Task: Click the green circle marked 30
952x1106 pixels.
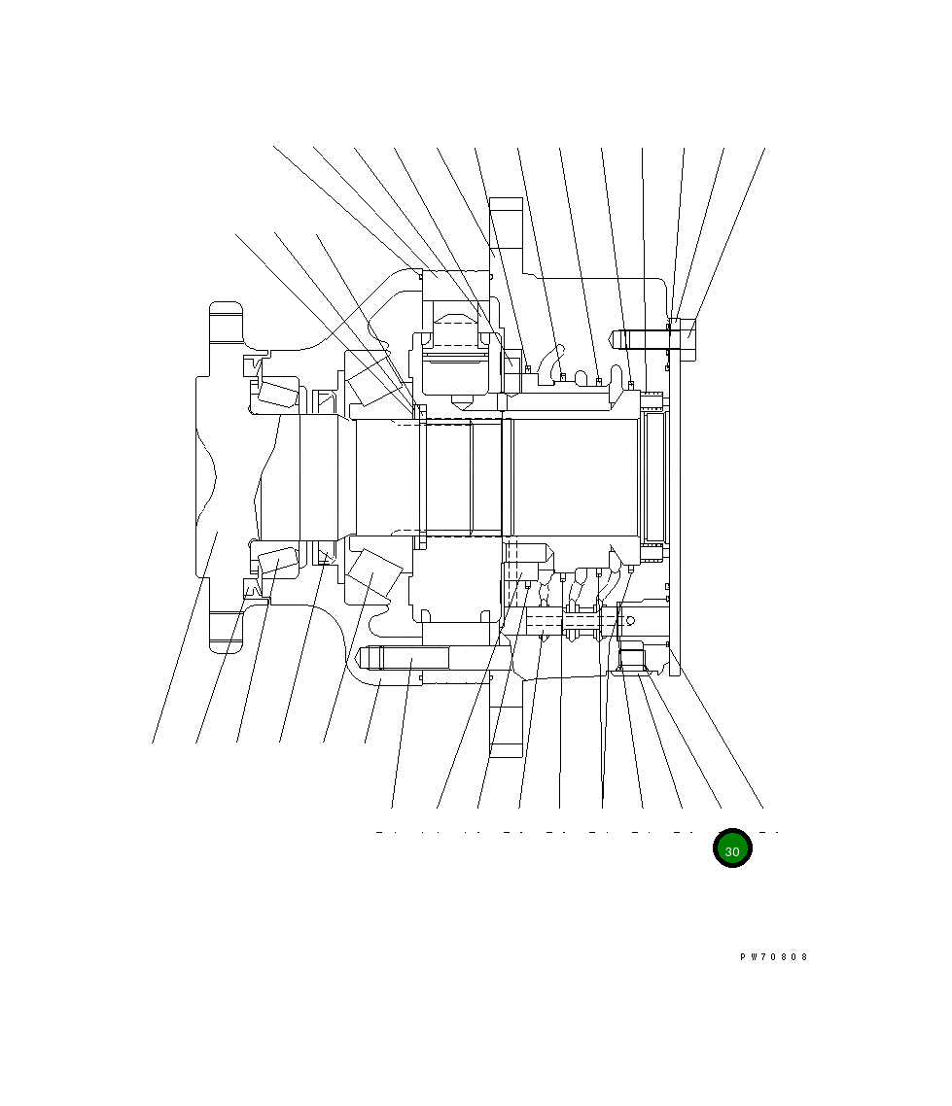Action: pos(732,849)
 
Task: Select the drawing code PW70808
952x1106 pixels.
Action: pos(773,957)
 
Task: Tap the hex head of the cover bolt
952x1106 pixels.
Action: pos(687,337)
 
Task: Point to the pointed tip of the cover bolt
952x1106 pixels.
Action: pos(615,339)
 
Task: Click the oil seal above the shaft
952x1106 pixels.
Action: pos(323,397)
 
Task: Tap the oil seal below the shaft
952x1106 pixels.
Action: pos(324,557)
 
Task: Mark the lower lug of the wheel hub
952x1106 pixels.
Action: pos(225,633)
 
